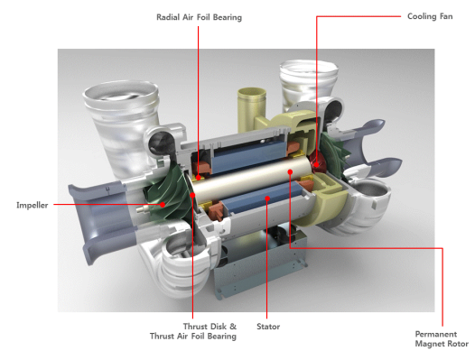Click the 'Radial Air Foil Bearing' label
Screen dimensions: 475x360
point(199,17)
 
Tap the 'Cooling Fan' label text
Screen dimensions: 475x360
point(430,16)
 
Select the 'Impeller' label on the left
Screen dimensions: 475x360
point(33,206)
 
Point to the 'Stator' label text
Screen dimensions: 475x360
point(268,327)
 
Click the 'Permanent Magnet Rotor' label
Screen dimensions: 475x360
point(442,339)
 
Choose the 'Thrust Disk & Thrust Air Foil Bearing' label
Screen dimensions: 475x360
point(193,331)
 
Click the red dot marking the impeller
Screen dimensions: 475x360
point(163,205)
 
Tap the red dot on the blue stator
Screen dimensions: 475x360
point(267,198)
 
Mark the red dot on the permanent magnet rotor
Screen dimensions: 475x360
point(290,172)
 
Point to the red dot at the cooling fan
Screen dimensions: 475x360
point(317,165)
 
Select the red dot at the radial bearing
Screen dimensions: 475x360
point(199,177)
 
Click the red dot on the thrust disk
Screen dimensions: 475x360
point(192,195)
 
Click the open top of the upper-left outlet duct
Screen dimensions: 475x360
point(121,92)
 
